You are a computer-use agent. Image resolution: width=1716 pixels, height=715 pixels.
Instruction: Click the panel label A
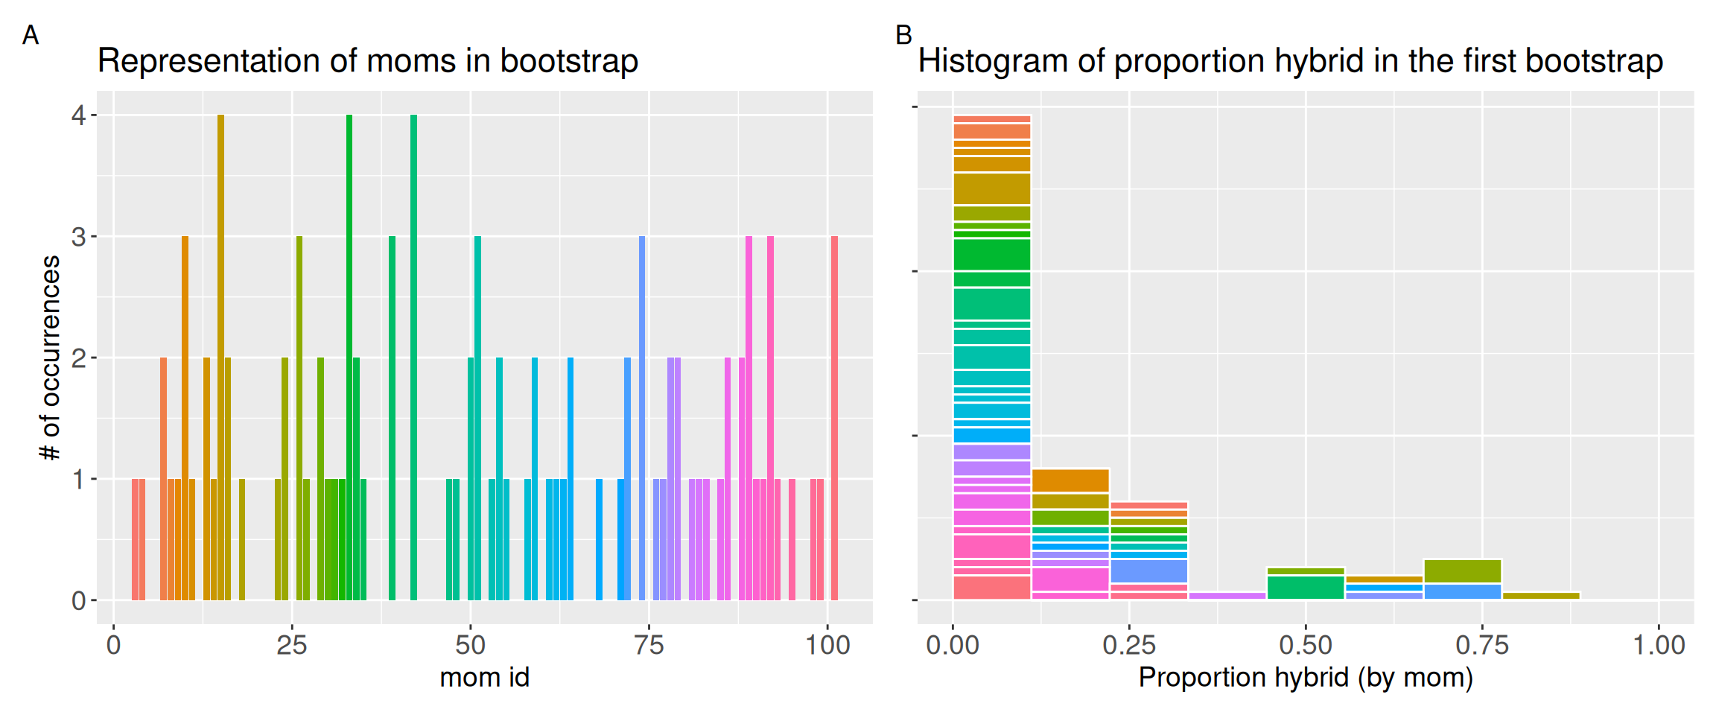pyautogui.click(x=30, y=35)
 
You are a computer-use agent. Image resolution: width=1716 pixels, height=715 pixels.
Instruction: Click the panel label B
pyautogui.click(x=903, y=35)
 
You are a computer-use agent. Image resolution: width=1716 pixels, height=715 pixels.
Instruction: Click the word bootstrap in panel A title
pyautogui.click(x=569, y=61)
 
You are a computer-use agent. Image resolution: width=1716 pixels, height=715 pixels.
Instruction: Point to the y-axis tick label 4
pyautogui.click(x=78, y=115)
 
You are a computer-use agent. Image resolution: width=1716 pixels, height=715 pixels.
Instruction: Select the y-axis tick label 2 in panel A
pyautogui.click(x=78, y=358)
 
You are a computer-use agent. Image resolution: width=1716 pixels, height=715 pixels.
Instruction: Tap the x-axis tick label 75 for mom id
pyautogui.click(x=649, y=645)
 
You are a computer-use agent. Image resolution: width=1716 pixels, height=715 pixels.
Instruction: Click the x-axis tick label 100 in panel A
pyautogui.click(x=827, y=645)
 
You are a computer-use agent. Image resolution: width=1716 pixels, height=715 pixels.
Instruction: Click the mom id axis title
pyautogui.click(x=484, y=678)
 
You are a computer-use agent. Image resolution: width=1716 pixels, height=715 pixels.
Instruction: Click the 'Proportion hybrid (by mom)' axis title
pyautogui.click(x=1306, y=678)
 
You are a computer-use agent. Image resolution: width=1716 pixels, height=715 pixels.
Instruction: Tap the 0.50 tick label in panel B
pyautogui.click(x=1305, y=645)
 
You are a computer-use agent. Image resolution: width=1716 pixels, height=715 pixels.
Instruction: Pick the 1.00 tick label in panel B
pyautogui.click(x=1659, y=645)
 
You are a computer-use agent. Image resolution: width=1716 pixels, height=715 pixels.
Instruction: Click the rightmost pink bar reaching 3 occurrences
pyautogui.click(x=834, y=417)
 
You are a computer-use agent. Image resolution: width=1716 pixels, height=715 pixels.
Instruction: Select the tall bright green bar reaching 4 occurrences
pyautogui.click(x=349, y=357)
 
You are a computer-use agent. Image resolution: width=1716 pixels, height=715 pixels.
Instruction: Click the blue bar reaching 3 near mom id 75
pyautogui.click(x=642, y=417)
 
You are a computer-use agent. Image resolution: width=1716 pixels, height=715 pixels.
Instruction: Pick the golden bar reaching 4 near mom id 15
pyautogui.click(x=220, y=357)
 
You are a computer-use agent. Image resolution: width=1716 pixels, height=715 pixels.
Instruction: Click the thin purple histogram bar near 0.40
pyautogui.click(x=1227, y=596)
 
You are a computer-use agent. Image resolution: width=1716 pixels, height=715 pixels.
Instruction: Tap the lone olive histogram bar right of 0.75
pyautogui.click(x=1541, y=596)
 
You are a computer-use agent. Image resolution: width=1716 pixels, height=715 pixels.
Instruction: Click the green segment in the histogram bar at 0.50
pyautogui.click(x=1306, y=587)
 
